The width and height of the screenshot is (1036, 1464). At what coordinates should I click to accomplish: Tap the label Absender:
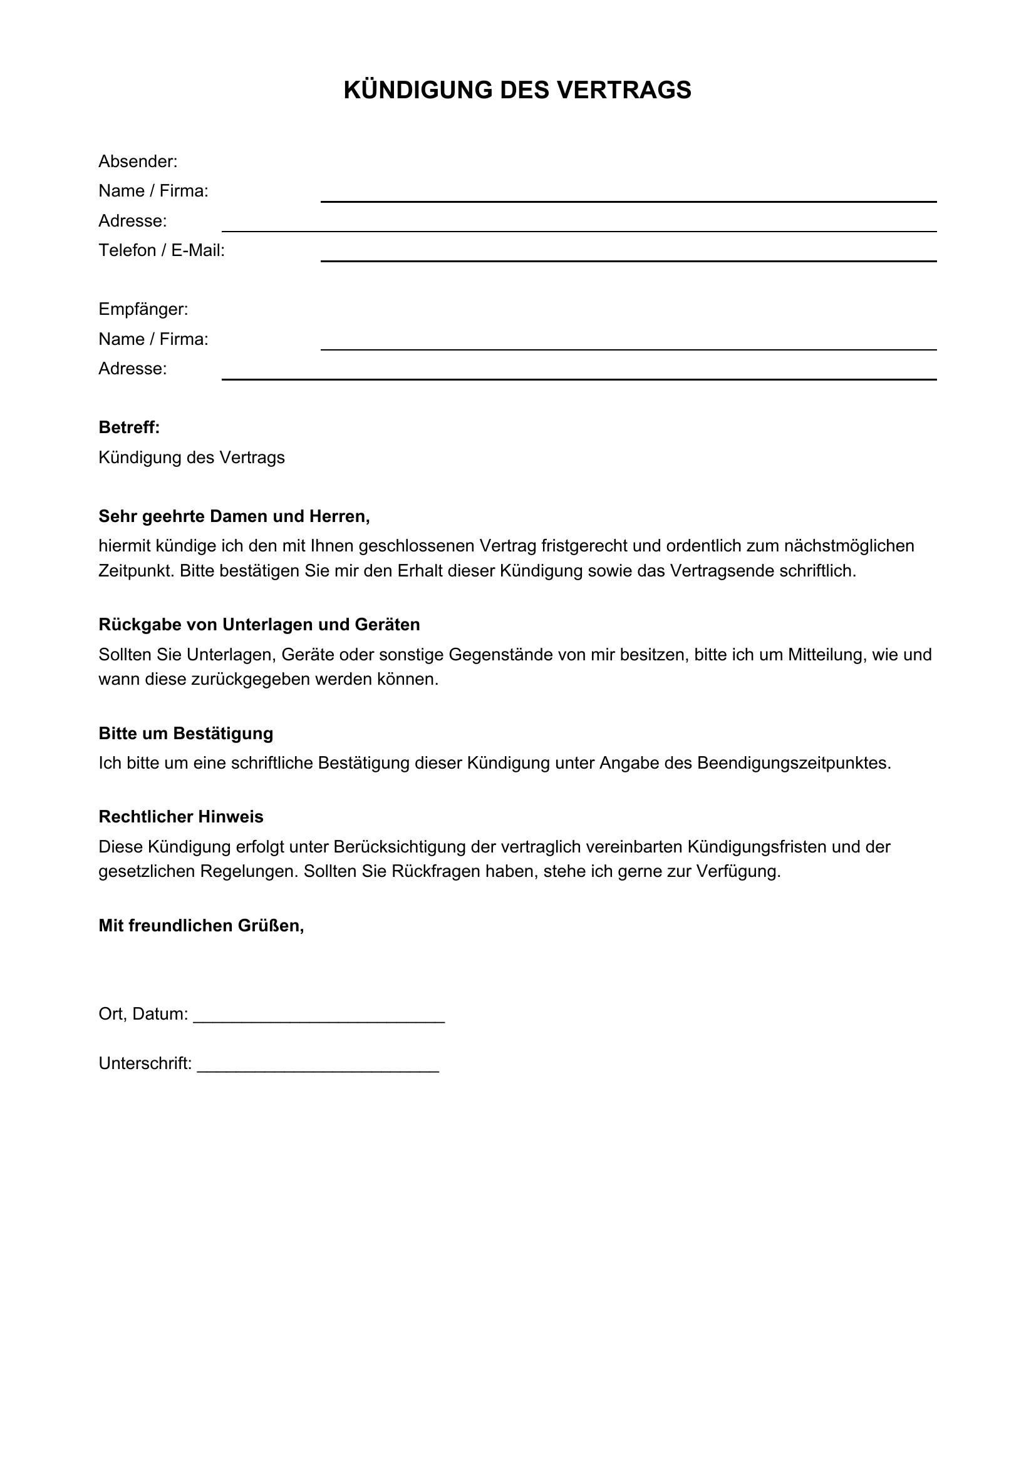[138, 162]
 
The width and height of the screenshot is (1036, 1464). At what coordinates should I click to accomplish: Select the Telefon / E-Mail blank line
[628, 260]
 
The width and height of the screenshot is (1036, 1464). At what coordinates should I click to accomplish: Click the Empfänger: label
[143, 310]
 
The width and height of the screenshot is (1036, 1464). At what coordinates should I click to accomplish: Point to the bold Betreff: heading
[129, 428]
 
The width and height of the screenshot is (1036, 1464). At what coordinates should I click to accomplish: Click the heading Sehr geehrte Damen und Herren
[234, 516]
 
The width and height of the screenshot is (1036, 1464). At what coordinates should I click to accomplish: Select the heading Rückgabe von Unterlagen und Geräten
[259, 625]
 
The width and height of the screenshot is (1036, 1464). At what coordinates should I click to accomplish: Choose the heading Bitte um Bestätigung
[185, 734]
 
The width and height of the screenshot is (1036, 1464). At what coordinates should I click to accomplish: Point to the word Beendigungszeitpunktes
[794, 763]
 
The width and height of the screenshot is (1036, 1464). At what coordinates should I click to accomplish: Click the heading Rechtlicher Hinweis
[180, 817]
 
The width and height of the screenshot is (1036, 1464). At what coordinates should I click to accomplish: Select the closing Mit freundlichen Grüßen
[201, 926]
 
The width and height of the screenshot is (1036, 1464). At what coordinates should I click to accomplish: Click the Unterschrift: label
[145, 1063]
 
